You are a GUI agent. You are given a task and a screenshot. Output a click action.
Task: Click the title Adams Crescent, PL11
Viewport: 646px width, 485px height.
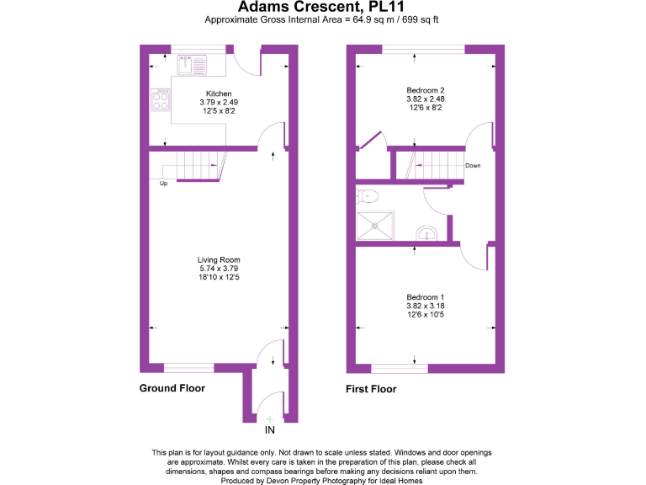(322, 8)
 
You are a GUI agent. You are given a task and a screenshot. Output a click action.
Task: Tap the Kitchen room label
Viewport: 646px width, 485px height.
(219, 93)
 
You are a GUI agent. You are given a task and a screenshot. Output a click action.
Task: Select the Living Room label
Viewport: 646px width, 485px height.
(219, 260)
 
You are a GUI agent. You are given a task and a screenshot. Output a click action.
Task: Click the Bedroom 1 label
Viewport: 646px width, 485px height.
(425, 297)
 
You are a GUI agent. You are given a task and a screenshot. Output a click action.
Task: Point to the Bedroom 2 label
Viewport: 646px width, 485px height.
(425, 90)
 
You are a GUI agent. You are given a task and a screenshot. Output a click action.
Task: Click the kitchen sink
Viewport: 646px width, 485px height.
(191, 61)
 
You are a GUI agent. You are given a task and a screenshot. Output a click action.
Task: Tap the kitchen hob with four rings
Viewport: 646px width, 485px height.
(160, 100)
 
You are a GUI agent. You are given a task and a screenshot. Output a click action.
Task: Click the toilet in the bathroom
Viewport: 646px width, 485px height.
(368, 196)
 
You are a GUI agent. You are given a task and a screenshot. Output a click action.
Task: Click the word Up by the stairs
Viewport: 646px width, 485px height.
(163, 183)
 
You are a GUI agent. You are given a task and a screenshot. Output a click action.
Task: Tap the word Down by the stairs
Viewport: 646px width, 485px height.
(474, 165)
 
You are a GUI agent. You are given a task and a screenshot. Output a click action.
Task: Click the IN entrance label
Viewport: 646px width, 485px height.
(270, 429)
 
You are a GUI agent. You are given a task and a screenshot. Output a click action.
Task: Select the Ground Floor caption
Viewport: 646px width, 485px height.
(172, 388)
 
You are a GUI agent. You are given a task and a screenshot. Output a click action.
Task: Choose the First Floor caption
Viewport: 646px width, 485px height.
(371, 389)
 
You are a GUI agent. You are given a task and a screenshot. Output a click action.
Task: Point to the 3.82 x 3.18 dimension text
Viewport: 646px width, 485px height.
(425, 306)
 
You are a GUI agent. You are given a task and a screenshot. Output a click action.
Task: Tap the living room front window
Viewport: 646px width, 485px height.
(188, 368)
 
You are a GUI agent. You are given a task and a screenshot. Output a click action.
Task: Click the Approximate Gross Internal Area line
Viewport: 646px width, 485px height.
(322, 19)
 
